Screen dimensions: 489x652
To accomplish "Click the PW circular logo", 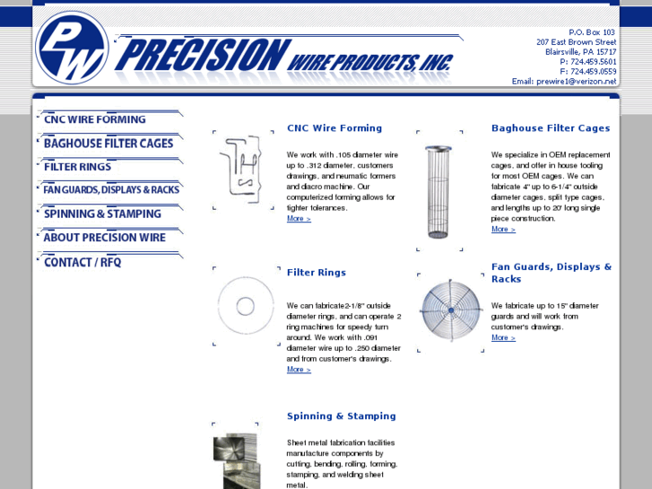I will [72, 47].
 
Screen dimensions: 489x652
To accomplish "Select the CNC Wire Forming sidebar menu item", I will [95, 119].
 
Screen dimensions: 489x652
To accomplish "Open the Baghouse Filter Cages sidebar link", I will [109, 144].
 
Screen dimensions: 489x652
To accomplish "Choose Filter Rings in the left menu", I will [78, 167].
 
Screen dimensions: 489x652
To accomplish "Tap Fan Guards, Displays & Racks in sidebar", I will [111, 190].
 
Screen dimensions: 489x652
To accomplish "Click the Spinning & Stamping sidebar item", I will [102, 214].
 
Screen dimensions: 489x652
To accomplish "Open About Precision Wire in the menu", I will [104, 238].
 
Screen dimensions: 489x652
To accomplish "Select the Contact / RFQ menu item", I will [83, 262].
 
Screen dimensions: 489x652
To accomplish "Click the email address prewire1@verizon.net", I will [577, 82].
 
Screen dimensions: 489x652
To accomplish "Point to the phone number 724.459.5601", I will [593, 62].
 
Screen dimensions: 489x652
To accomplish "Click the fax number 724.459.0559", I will [593, 72].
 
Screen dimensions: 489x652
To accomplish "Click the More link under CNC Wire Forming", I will [299, 219].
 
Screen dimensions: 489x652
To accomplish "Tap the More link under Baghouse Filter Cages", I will [503, 230].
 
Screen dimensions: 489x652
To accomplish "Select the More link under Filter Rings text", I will [299, 370].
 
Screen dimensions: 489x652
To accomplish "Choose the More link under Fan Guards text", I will [503, 338].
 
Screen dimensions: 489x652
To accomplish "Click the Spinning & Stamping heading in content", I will [341, 416].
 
